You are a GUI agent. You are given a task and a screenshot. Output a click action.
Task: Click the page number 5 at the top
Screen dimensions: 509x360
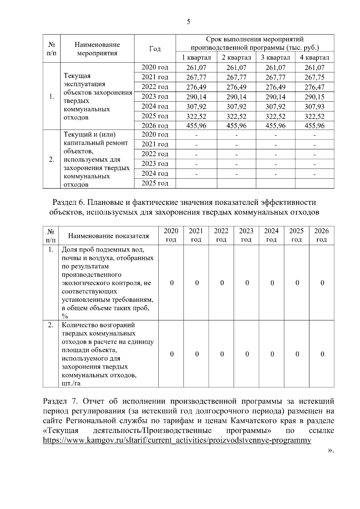tap(188, 22)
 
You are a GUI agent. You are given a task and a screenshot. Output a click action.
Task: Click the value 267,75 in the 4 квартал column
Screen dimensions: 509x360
tap(314, 77)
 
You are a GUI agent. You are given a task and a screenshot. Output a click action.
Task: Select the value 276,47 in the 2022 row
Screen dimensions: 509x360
tap(314, 87)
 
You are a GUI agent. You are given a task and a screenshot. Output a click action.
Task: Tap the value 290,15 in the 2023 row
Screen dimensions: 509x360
tap(314, 97)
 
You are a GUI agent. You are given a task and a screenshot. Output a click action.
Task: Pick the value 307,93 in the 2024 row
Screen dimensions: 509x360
tap(314, 106)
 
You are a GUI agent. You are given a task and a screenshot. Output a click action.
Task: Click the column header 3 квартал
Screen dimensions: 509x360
tap(275, 57)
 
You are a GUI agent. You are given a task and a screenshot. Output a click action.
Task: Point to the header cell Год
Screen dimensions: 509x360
tap(155, 49)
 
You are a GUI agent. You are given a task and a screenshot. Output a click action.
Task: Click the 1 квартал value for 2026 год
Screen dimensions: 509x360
tap(196, 126)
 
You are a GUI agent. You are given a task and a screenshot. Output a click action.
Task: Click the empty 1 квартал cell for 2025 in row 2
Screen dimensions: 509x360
tap(196, 183)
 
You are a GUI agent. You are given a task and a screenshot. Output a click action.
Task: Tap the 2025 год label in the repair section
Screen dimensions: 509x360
tap(155, 183)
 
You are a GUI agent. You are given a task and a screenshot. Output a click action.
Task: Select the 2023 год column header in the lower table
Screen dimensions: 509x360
tap(246, 235)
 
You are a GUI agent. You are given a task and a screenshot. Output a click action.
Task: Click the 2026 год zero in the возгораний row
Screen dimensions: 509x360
tap(322, 354)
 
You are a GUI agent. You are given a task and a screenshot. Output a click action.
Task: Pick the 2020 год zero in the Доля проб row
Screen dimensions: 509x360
tap(172, 283)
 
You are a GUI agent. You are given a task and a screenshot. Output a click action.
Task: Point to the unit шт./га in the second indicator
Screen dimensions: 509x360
tap(71, 383)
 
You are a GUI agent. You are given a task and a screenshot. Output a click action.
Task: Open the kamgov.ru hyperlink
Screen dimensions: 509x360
tap(177, 440)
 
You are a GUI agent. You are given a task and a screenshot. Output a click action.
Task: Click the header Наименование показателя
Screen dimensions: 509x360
tap(108, 236)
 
